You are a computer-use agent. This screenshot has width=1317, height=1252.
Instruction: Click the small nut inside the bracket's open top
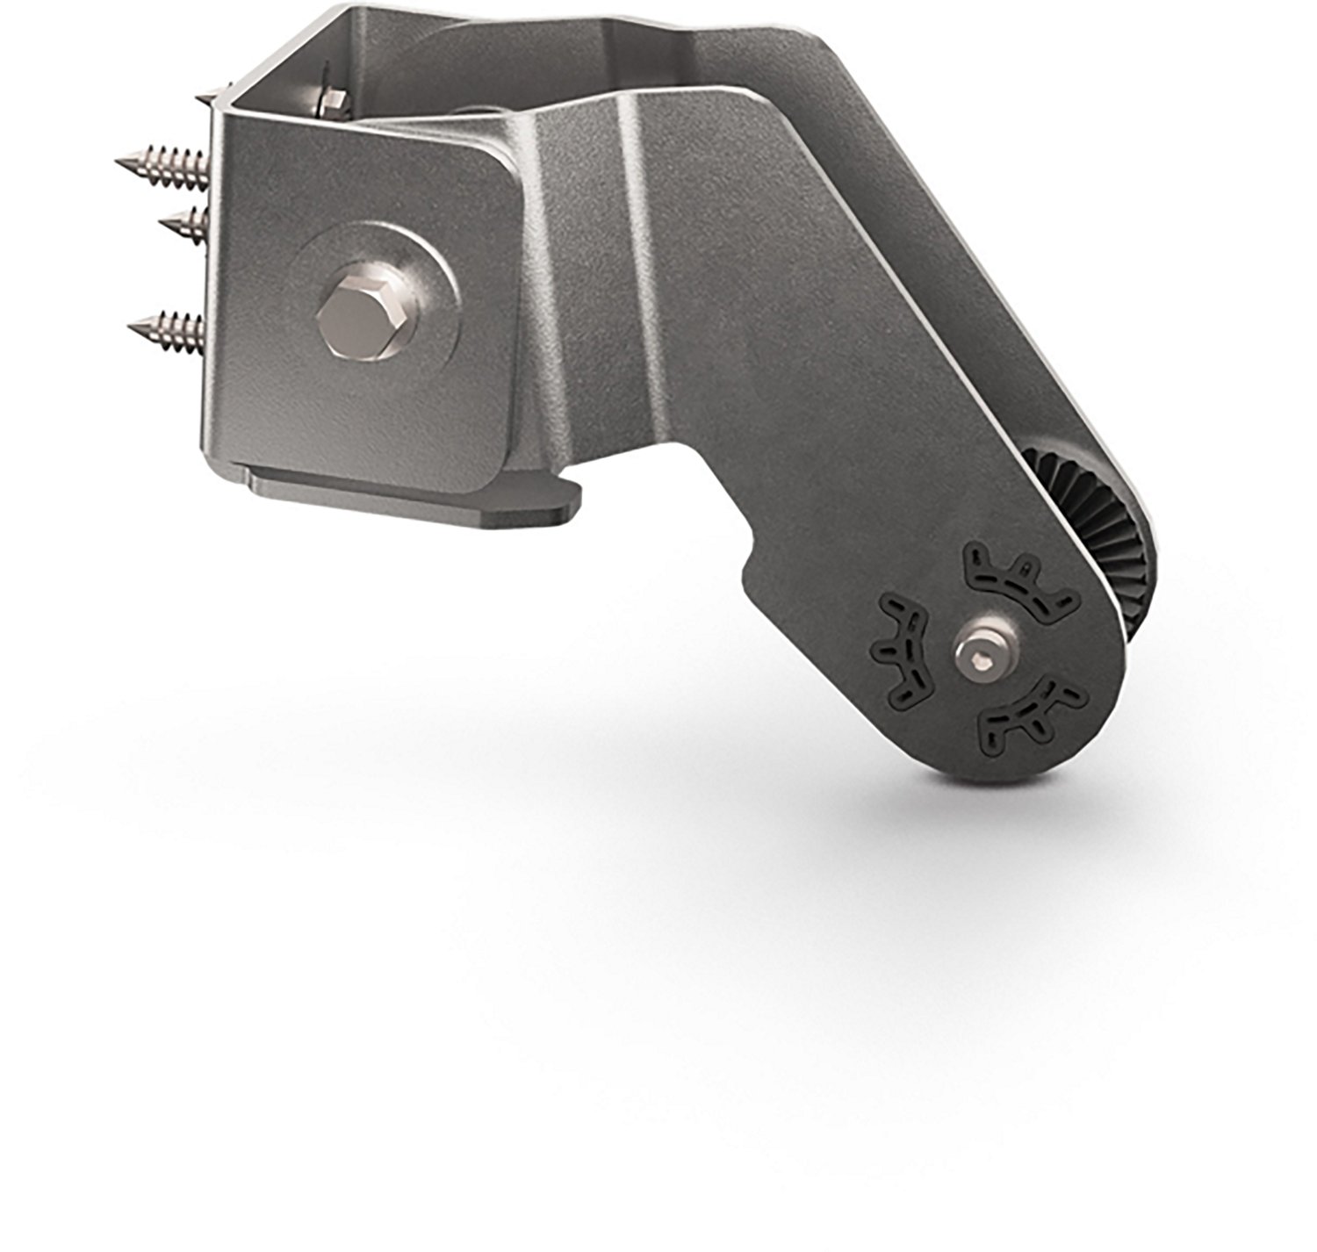(333, 100)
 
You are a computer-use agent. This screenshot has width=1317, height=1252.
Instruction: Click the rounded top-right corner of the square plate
(500, 167)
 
